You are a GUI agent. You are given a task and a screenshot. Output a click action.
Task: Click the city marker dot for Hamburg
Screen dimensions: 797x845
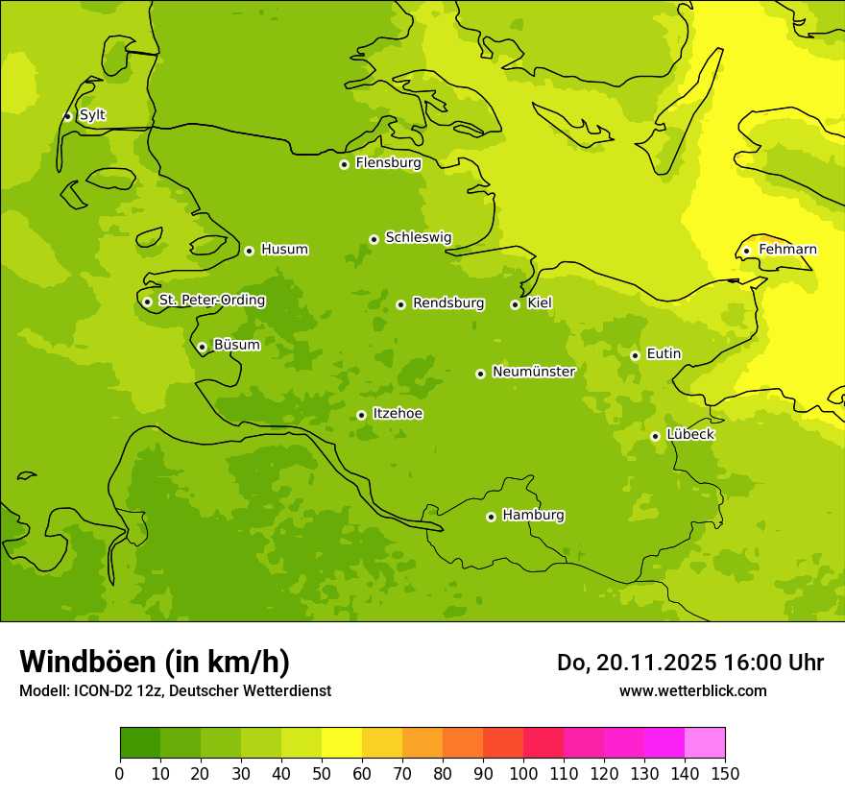point(491,517)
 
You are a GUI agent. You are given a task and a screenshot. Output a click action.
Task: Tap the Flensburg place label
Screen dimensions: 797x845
point(388,163)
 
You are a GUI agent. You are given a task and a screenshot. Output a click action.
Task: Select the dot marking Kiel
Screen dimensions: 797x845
point(515,304)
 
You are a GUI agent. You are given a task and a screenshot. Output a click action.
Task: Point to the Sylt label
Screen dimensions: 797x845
point(92,115)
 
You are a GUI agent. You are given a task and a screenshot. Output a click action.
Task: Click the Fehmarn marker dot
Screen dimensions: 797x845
point(746,251)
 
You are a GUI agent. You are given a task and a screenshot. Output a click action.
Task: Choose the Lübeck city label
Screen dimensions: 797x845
point(690,434)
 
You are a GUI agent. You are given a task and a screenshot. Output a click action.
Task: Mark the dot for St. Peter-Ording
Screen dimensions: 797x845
point(147,302)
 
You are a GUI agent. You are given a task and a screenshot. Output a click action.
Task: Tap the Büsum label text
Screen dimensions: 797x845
point(236,345)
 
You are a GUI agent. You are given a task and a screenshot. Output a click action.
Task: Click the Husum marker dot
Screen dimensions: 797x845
point(249,251)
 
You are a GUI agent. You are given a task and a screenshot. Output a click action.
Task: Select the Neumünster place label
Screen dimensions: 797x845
point(533,372)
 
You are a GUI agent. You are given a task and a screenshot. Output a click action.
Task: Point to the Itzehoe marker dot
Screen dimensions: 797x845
point(361,415)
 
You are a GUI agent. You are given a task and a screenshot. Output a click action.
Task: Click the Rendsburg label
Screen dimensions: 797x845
point(448,303)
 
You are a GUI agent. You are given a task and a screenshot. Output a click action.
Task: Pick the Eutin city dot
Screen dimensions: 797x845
point(635,355)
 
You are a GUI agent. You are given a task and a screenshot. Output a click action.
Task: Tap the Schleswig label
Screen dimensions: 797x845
point(418,237)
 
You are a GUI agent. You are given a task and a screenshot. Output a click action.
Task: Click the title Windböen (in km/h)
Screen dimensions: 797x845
point(155,662)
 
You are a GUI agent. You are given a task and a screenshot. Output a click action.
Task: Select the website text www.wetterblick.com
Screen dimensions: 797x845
point(692,691)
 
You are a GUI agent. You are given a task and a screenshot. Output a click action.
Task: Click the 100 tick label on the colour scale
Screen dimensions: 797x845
point(523,774)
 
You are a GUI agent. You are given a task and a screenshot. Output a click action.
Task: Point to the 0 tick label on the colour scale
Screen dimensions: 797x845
point(120,774)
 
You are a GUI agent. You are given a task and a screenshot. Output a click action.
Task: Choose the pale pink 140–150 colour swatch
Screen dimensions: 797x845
point(705,743)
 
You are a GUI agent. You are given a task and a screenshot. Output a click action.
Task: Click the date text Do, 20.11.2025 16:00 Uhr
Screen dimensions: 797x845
point(689,663)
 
